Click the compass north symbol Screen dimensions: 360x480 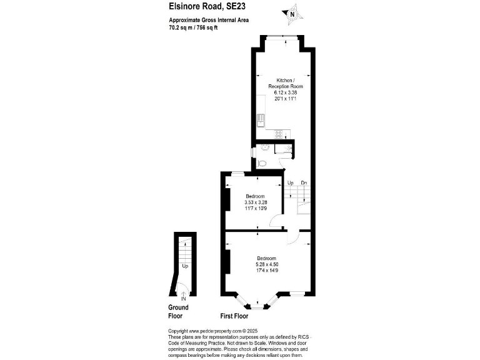(x=293, y=12)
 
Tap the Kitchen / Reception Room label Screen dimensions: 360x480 (x=285, y=84)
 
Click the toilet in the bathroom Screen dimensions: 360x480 (x=262, y=163)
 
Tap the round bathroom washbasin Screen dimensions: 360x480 (x=264, y=148)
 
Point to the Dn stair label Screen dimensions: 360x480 (x=304, y=182)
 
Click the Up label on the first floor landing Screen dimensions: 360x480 (x=291, y=182)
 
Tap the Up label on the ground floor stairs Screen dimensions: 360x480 (x=185, y=266)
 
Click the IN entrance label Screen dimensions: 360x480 (x=183, y=299)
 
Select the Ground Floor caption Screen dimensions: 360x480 (x=178, y=311)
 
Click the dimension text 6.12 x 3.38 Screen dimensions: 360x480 (x=285, y=92)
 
